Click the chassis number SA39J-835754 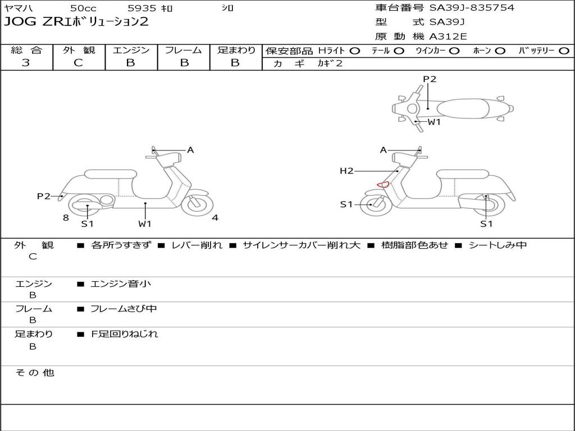(x=472, y=8)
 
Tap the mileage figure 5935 (x=142, y=8)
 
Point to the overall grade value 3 (x=26, y=63)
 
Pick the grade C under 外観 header (x=79, y=63)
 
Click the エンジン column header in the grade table (x=131, y=51)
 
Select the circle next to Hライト (x=355, y=51)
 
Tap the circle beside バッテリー (x=563, y=51)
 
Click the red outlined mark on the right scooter (x=382, y=184)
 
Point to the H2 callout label (x=346, y=171)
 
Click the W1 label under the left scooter (x=145, y=224)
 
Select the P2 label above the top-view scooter (x=430, y=79)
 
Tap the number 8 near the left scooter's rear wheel (x=66, y=218)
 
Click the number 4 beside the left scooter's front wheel (x=215, y=218)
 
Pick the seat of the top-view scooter (x=464, y=108)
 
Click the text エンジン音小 (x=121, y=284)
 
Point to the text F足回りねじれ (x=125, y=334)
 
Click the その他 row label (x=35, y=373)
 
